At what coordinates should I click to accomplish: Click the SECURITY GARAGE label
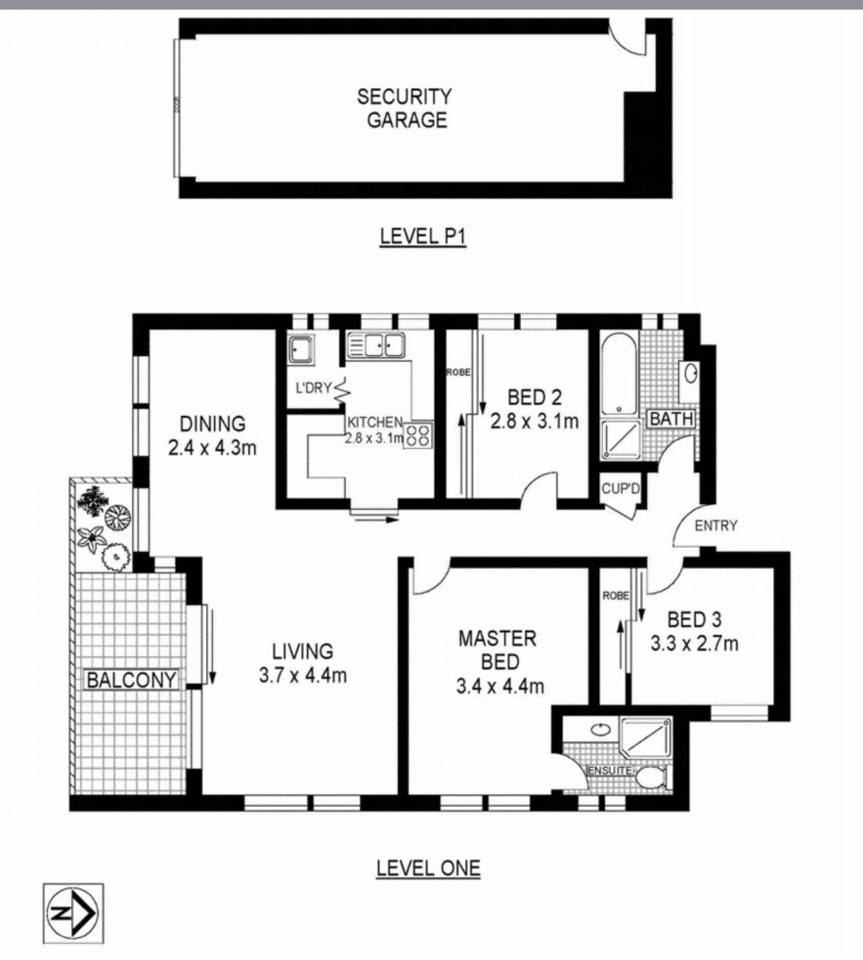tap(405, 108)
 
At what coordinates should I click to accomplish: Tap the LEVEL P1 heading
tap(423, 237)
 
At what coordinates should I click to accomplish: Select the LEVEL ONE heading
tap(427, 868)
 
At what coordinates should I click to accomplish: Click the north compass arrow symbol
tap(73, 914)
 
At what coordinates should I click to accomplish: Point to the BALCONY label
tap(131, 680)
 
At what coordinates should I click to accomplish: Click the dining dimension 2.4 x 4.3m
tap(212, 447)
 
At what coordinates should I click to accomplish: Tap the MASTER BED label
tap(498, 649)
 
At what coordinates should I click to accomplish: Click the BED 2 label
tap(534, 398)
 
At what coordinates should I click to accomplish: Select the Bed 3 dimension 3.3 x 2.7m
tap(694, 643)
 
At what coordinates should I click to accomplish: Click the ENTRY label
tap(715, 525)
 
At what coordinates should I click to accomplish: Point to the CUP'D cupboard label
tap(619, 488)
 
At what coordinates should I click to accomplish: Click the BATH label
tap(671, 419)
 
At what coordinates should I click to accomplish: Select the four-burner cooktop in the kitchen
tap(419, 434)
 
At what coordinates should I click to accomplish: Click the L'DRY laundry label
tap(313, 388)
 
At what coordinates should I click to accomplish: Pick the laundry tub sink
tap(301, 349)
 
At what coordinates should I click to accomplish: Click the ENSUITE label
tap(609, 770)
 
